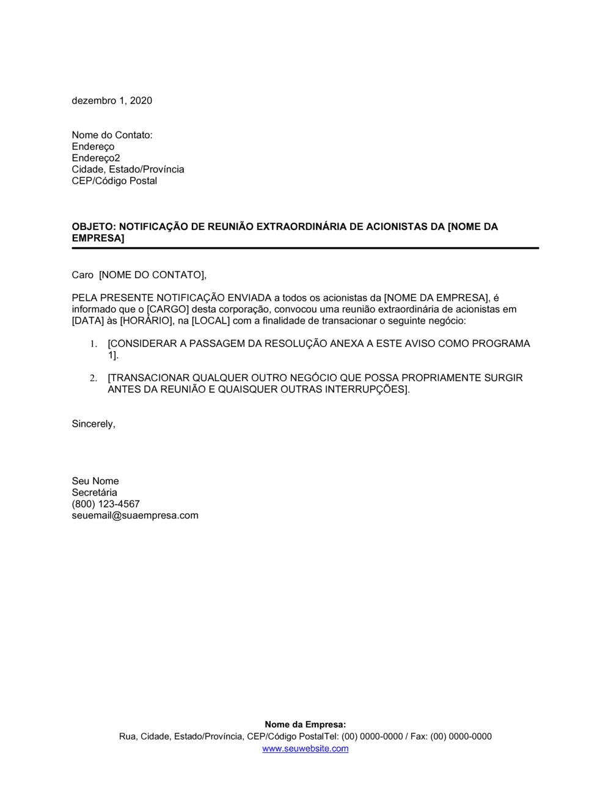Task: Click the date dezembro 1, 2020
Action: coord(112,101)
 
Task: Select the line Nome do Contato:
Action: coord(112,135)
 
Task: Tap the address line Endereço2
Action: coord(96,158)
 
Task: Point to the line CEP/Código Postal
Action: coord(114,181)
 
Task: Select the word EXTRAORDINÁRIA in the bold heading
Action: coord(301,227)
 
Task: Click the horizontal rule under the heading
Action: coord(305,248)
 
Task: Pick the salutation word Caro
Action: coord(82,275)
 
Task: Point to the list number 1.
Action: coord(94,344)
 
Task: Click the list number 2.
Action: coord(93,379)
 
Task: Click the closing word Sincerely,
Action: coord(93,424)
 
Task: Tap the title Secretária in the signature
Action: coord(94,493)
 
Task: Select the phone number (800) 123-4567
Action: coord(106,505)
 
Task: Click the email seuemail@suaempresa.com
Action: coord(135,516)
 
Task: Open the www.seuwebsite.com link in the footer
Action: coord(305,749)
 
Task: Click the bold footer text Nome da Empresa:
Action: coord(305,725)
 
